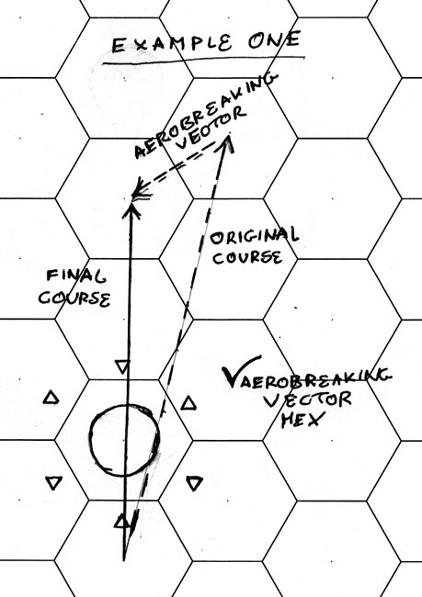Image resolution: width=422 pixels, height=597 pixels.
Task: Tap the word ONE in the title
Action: point(274,39)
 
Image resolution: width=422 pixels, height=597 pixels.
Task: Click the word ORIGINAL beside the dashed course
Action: point(255,236)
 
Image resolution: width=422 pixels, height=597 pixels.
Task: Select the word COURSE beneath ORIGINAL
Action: point(247,257)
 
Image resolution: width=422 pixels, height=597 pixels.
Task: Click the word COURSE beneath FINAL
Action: point(74,298)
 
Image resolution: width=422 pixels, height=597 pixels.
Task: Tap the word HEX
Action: point(302,420)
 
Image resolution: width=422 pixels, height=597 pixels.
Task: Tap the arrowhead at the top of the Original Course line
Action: point(228,142)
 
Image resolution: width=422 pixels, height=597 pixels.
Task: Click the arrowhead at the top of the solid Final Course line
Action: point(131,210)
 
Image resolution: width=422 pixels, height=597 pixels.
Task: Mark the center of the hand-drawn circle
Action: point(124,440)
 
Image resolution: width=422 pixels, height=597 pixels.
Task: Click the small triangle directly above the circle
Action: point(122,367)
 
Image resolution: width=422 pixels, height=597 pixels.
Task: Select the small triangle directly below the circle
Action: point(121,522)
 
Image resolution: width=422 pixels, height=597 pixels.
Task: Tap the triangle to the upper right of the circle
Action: point(188,403)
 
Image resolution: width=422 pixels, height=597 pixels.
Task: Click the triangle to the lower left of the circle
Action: point(53,483)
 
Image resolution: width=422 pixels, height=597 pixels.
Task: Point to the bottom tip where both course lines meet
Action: point(124,559)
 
